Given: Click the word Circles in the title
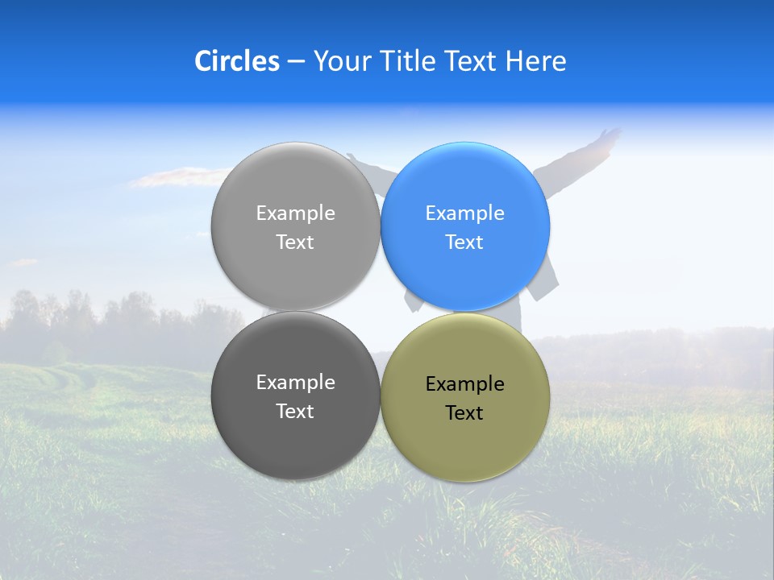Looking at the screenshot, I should (237, 61).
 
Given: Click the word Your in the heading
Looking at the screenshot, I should (342, 61).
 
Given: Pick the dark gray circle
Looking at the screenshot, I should (295, 435).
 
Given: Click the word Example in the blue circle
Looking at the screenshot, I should (464, 213).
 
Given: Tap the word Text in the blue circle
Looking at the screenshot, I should (464, 242).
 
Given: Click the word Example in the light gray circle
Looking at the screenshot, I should (295, 213).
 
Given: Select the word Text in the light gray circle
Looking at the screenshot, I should (295, 242).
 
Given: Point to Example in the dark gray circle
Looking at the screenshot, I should (295, 383).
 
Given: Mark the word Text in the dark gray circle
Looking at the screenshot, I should (295, 412).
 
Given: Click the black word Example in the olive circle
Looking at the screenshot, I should (464, 384).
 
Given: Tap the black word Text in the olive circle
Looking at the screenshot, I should (464, 413).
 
